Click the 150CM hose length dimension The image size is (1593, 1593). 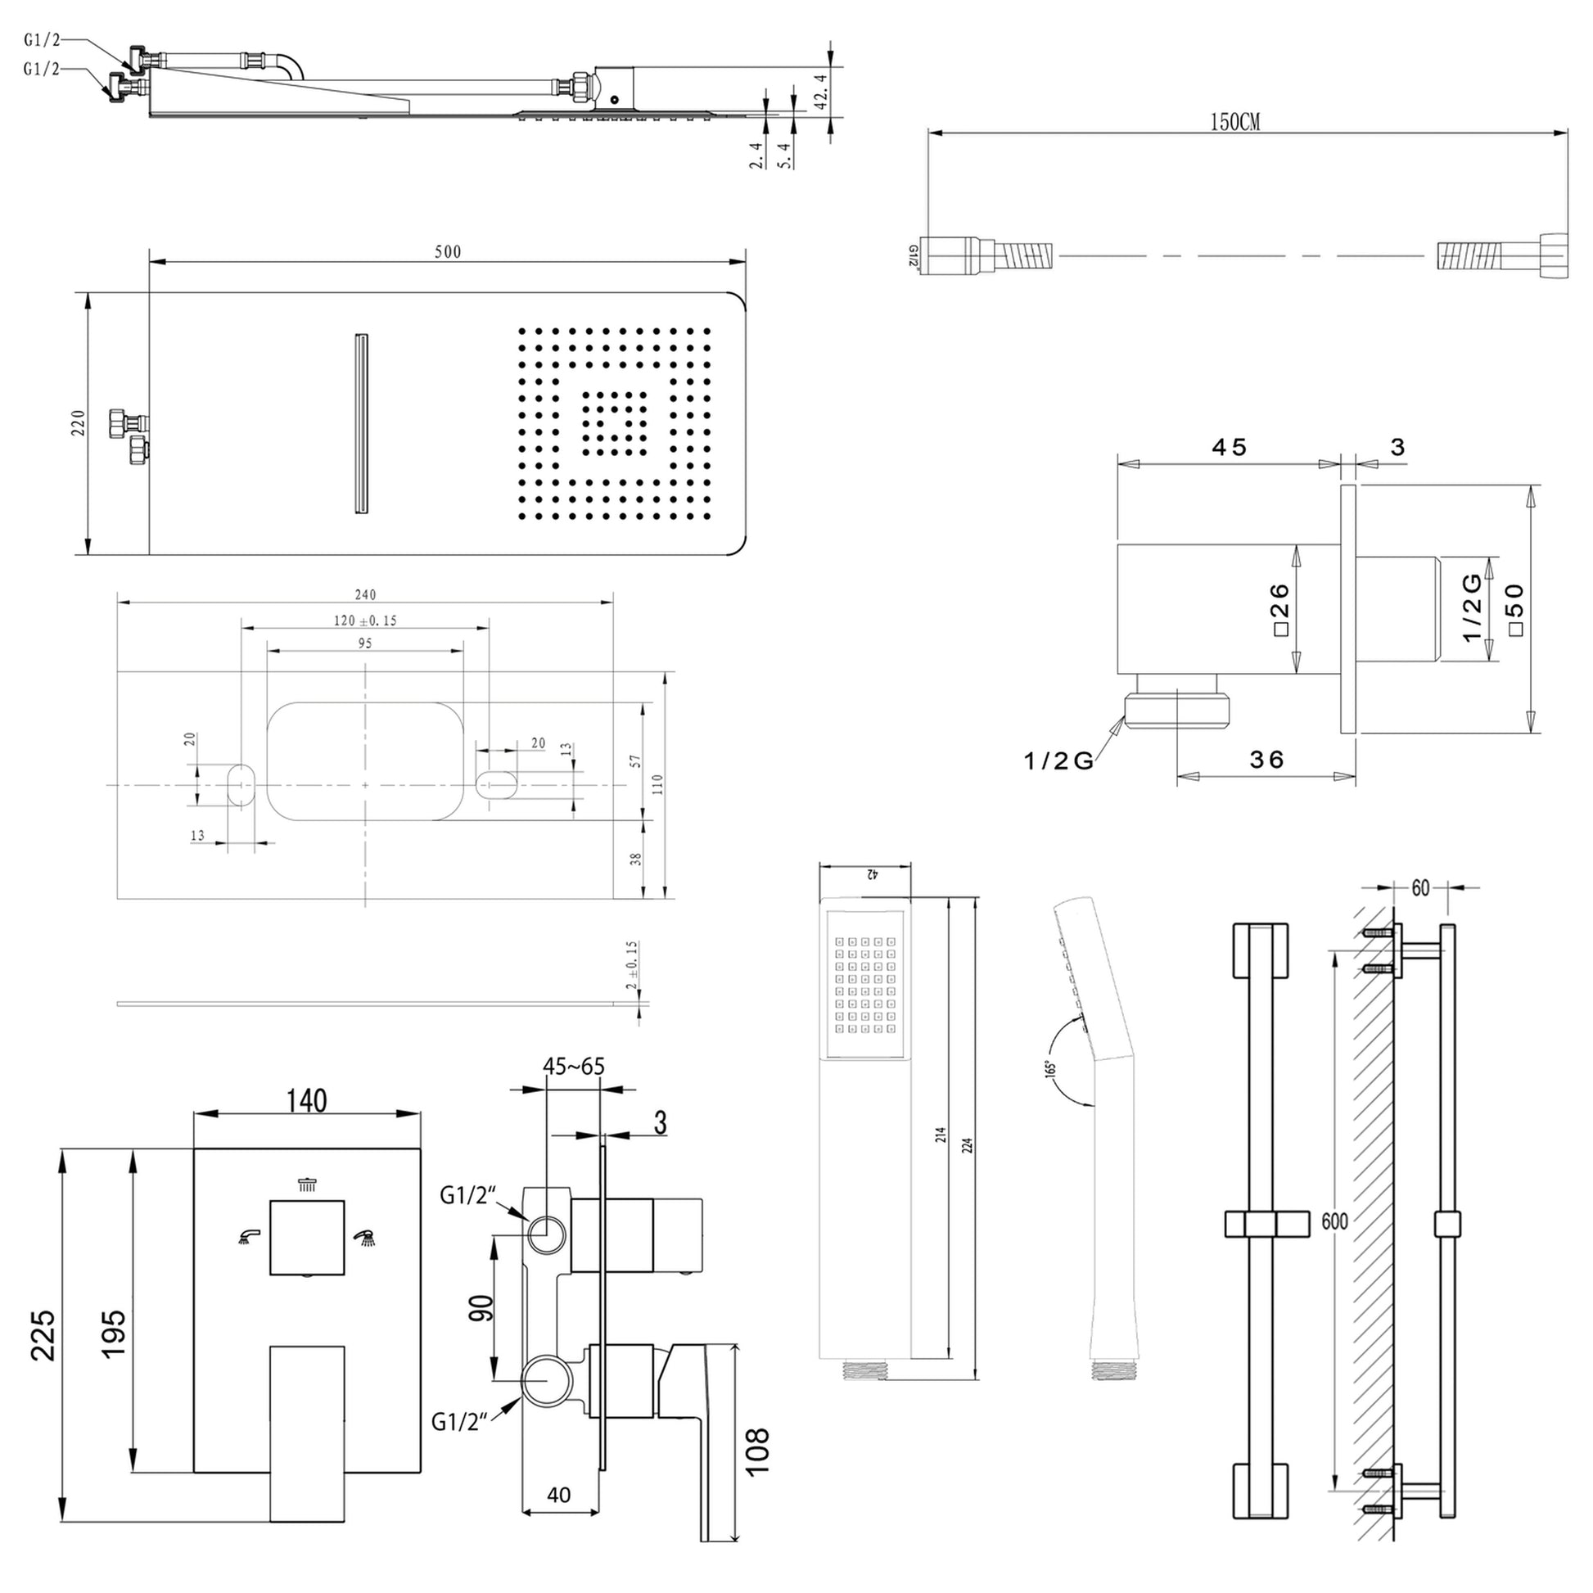[x=1234, y=122]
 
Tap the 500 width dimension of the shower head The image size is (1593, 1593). [x=448, y=251]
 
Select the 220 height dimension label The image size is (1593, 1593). [x=79, y=422]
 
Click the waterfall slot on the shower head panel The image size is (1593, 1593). [x=360, y=424]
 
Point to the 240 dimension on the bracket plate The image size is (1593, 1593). [x=364, y=594]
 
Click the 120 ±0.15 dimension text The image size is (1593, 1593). [x=364, y=621]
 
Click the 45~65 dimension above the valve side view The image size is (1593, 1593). [x=573, y=1066]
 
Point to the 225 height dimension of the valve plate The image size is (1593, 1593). [x=43, y=1335]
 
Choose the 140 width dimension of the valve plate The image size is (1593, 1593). [x=307, y=1101]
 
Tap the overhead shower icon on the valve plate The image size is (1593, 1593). [x=308, y=1185]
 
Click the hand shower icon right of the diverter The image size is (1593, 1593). [x=363, y=1236]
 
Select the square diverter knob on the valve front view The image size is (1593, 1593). [x=308, y=1237]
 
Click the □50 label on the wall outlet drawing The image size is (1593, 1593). [x=1516, y=609]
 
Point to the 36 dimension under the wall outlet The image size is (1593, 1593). [x=1266, y=760]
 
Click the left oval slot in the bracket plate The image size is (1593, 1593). [x=241, y=783]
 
